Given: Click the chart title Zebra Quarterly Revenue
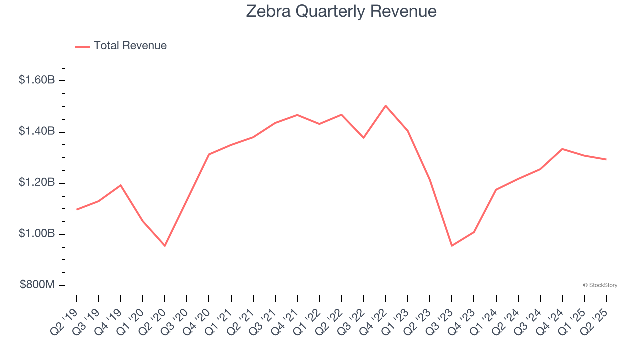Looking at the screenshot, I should click(341, 11).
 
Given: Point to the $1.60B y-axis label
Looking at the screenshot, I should click(37, 80).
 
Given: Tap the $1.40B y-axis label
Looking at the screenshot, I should click(37, 131).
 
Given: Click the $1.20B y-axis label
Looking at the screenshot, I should click(37, 182).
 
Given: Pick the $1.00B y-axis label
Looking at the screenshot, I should click(37, 234).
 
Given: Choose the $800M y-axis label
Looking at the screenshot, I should click(37, 285).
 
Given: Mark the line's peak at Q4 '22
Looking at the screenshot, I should click(386, 106).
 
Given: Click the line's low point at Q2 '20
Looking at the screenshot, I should click(165, 246).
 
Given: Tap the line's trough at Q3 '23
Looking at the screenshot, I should click(452, 246).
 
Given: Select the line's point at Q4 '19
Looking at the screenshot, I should click(121, 185).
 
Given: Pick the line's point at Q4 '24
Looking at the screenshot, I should click(562, 149).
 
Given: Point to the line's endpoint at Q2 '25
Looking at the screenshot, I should click(606, 159).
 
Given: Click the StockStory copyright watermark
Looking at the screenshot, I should click(600, 285).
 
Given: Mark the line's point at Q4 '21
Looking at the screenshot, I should click(297, 115).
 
